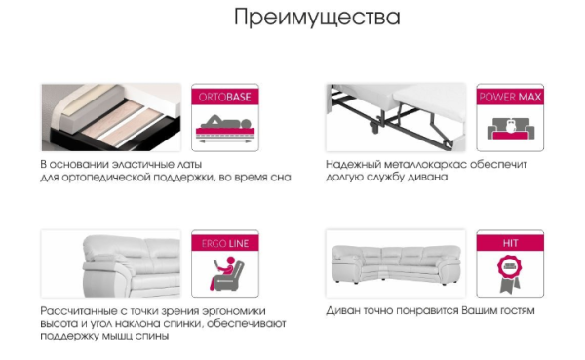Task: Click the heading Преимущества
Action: click(317, 18)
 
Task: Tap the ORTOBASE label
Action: click(224, 98)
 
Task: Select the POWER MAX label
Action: click(510, 98)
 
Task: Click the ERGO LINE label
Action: click(225, 244)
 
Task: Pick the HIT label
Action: click(510, 243)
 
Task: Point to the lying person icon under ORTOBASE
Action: click(225, 121)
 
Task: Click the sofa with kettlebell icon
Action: click(510, 129)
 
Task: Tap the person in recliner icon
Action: click(226, 272)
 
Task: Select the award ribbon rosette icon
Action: click(510, 272)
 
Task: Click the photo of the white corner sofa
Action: click(396, 264)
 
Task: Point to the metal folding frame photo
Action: click(396, 118)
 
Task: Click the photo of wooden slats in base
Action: click(111, 117)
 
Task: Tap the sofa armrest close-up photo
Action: click(111, 263)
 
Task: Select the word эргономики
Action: click(234, 311)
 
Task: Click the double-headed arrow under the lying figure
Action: click(225, 141)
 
